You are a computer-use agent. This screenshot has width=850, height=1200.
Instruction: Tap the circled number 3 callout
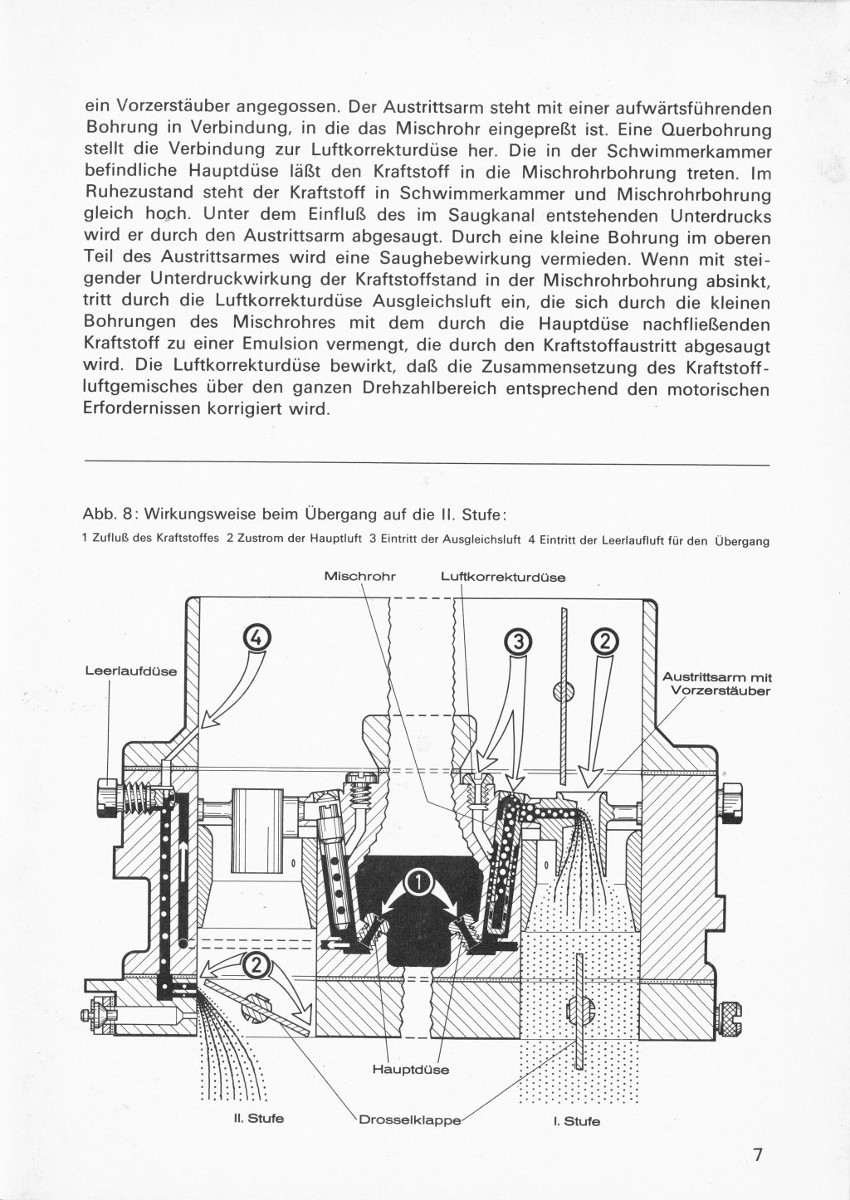[517, 641]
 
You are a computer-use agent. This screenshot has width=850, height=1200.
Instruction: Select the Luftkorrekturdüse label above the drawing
[503, 576]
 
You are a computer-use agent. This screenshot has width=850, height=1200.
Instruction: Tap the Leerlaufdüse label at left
[131, 671]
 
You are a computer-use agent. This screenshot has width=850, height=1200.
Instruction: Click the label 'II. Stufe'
[259, 1118]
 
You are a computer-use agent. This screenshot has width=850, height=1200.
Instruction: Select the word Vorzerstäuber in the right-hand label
[721, 690]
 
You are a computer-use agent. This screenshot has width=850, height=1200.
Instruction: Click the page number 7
[756, 1155]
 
